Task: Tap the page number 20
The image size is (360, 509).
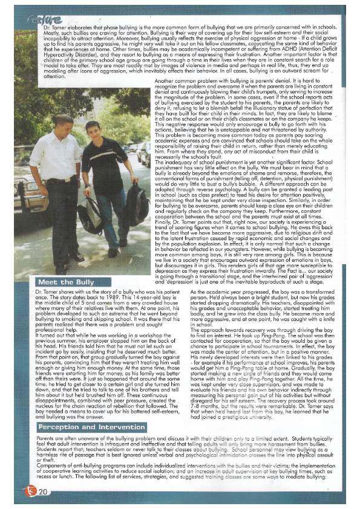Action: [x=42, y=492]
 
